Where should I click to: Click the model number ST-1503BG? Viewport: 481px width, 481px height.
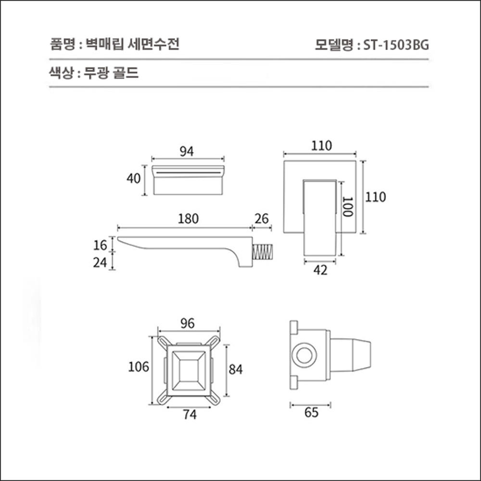pyautogui.click(x=396, y=45)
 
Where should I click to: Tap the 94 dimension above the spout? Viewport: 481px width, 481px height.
pyautogui.click(x=187, y=151)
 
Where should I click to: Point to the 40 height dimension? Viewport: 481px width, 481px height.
pyautogui.click(x=134, y=178)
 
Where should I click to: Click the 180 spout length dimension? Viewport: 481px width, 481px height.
pyautogui.click(x=188, y=219)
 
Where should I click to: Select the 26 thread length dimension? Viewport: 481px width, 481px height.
pyautogui.click(x=262, y=219)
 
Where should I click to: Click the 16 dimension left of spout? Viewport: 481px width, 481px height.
pyautogui.click(x=100, y=245)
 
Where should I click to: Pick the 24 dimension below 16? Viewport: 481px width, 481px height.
pyautogui.click(x=100, y=263)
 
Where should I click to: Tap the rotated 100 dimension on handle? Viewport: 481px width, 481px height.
pyautogui.click(x=347, y=207)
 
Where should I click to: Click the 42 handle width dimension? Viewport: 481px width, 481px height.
pyautogui.click(x=320, y=270)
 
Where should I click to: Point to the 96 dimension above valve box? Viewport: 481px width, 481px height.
pyautogui.click(x=188, y=324)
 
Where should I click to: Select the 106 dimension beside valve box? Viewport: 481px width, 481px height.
pyautogui.click(x=139, y=367)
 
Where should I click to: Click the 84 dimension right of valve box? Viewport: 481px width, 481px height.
pyautogui.click(x=236, y=369)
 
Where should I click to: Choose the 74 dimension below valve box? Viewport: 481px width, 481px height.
pyautogui.click(x=190, y=415)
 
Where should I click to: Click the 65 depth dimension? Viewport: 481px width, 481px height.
pyautogui.click(x=311, y=413)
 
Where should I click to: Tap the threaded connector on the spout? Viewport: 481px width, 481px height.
pyautogui.click(x=263, y=253)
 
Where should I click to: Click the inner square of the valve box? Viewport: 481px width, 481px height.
pyautogui.click(x=189, y=369)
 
